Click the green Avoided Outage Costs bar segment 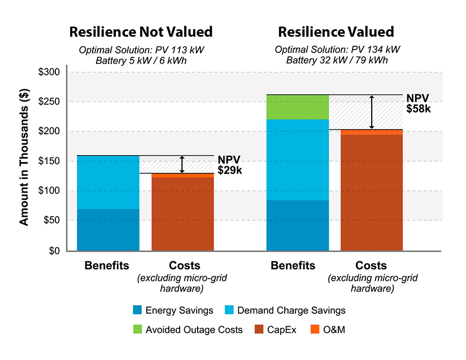[297, 107]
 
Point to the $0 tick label [54, 251]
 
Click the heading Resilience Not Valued [141, 32]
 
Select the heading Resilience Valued [336, 32]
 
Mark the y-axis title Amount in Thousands [24, 161]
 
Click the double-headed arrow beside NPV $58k [371, 112]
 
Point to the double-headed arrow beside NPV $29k [182, 164]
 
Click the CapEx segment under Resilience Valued [371, 192]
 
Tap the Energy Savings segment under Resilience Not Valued [108, 230]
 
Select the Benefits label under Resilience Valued [293, 266]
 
